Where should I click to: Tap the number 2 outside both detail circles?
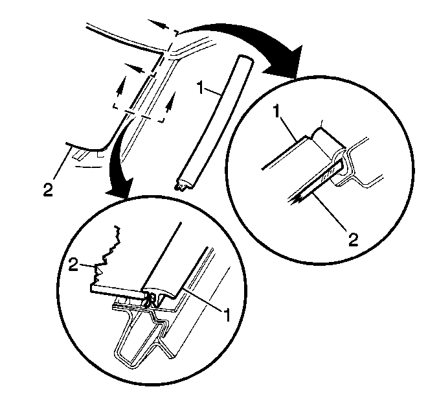coord(48,189)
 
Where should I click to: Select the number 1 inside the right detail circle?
coord(277,112)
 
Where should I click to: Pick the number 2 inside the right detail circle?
coord(353,239)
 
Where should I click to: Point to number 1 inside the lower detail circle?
coord(227,314)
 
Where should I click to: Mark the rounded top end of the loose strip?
coord(245,60)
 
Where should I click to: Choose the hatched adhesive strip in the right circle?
coord(330,175)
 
